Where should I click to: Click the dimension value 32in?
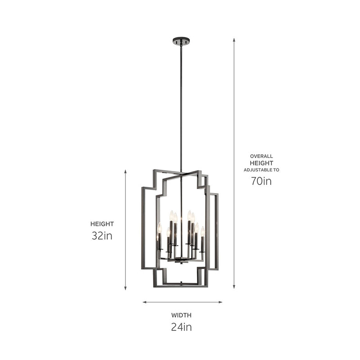[x=102, y=235]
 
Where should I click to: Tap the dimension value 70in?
[x=261, y=181]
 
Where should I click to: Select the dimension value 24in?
[x=181, y=327]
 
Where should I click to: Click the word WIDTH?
[x=181, y=315]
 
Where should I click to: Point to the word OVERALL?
[x=261, y=156]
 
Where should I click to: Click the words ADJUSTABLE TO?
[x=261, y=170]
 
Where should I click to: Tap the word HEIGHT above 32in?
[x=102, y=224]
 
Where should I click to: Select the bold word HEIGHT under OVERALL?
[x=261, y=163]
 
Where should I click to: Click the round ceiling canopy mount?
[x=181, y=41]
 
